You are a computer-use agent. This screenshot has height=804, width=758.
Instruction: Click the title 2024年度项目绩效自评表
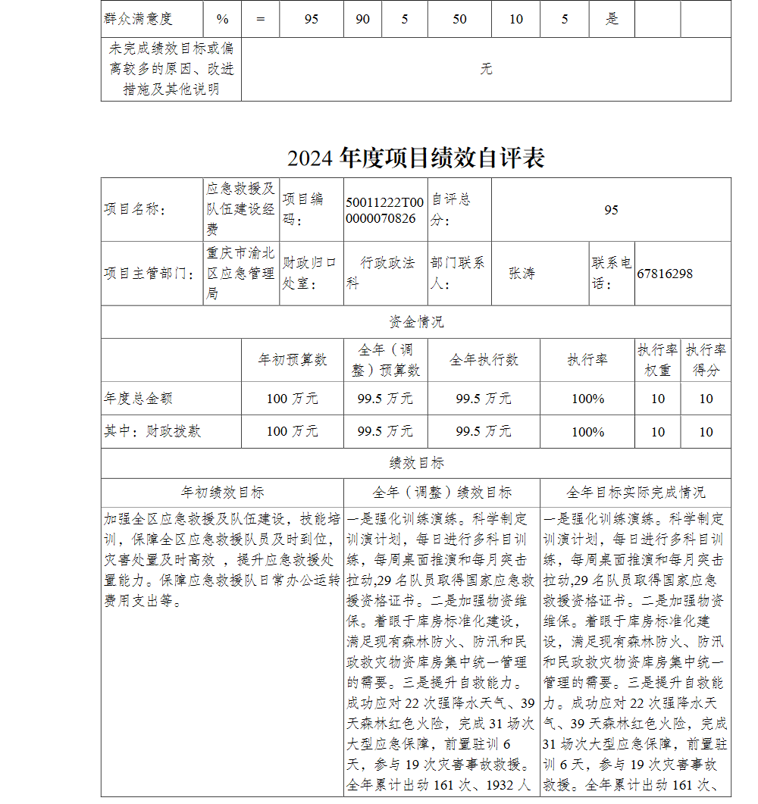click(x=415, y=158)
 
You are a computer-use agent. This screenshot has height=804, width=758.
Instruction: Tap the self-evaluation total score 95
click(x=611, y=210)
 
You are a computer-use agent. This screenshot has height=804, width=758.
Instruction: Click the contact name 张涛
click(x=522, y=274)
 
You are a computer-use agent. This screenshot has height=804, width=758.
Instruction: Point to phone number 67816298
click(x=665, y=274)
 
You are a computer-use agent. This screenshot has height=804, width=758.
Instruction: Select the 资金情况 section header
click(x=415, y=322)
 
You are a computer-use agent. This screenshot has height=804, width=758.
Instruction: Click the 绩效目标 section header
click(x=415, y=463)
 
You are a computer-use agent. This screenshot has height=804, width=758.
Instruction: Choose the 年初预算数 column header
click(x=293, y=360)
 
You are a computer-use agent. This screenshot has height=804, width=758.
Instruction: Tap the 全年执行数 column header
click(x=484, y=360)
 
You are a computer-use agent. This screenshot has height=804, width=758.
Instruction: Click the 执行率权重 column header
click(x=657, y=360)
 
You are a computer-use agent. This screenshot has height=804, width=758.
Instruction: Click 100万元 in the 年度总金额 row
click(x=293, y=398)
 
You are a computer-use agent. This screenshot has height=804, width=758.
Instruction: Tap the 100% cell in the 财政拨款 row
click(x=587, y=431)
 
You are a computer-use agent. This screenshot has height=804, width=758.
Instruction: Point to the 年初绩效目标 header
click(x=222, y=493)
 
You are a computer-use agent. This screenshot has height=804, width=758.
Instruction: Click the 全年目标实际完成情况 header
click(x=635, y=493)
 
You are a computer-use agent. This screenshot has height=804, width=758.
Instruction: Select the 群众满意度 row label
click(x=138, y=18)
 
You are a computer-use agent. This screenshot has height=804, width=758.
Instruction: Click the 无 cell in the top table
click(x=486, y=69)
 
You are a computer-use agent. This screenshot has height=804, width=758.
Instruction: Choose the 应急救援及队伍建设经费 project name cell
click(x=241, y=209)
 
